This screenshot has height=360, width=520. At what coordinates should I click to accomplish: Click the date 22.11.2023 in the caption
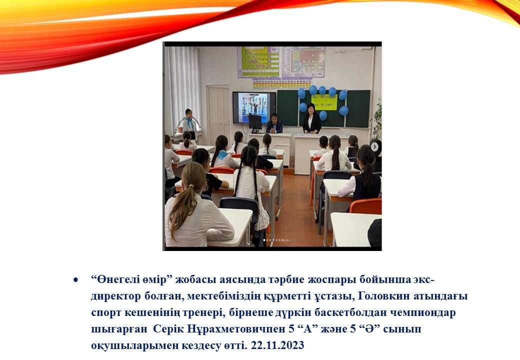pos(277,345)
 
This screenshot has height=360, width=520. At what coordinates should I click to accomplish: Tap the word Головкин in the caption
pos(384,295)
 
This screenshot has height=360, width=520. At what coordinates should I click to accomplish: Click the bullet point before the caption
pos(76,280)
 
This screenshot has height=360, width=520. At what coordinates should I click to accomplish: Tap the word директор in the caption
pos(115,296)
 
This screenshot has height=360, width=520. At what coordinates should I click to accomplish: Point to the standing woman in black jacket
pos(311,118)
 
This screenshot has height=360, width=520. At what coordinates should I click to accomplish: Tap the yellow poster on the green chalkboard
pos(324,102)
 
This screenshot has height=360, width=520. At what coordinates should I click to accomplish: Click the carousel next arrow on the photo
pos(374,146)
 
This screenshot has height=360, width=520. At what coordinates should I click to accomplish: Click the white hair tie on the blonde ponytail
pos(191,186)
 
